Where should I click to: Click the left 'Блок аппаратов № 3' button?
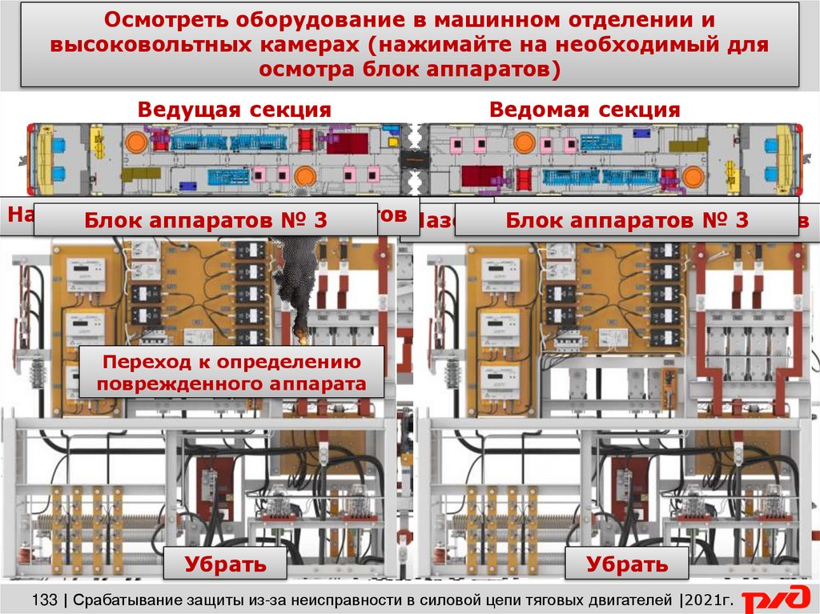click(x=206, y=220)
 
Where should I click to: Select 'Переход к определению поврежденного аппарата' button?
click(x=231, y=372)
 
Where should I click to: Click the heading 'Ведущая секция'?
click(x=234, y=110)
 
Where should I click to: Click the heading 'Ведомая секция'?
click(x=585, y=110)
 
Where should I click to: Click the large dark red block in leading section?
click(x=348, y=142)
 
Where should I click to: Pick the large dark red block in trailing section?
click(x=482, y=175)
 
